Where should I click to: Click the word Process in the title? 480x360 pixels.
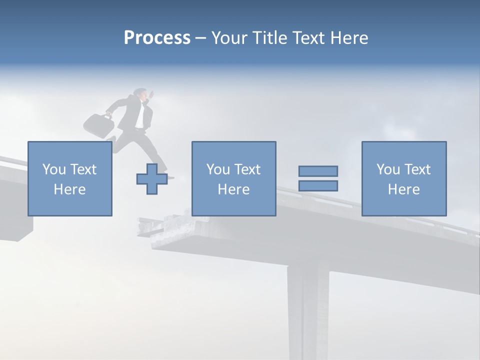pyautogui.click(x=157, y=38)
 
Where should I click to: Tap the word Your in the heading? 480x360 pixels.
pyautogui.click(x=229, y=38)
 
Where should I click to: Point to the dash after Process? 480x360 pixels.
pyautogui.click(x=200, y=38)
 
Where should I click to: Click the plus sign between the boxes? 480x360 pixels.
pyautogui.click(x=151, y=179)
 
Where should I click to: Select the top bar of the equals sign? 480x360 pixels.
pyautogui.click(x=318, y=171)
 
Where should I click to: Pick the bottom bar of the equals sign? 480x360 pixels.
pyautogui.click(x=318, y=186)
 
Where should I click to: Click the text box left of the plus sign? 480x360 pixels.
pyautogui.click(x=69, y=178)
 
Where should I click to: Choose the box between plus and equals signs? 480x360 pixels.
pyautogui.click(x=233, y=178)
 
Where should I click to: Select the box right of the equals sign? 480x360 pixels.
pyautogui.click(x=403, y=178)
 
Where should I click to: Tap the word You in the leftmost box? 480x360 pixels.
pyautogui.click(x=52, y=169)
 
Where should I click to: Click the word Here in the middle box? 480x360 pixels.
pyautogui.click(x=233, y=189)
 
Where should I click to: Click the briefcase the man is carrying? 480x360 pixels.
pyautogui.click(x=98, y=125)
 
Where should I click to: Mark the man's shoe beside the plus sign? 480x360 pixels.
pyautogui.click(x=170, y=177)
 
